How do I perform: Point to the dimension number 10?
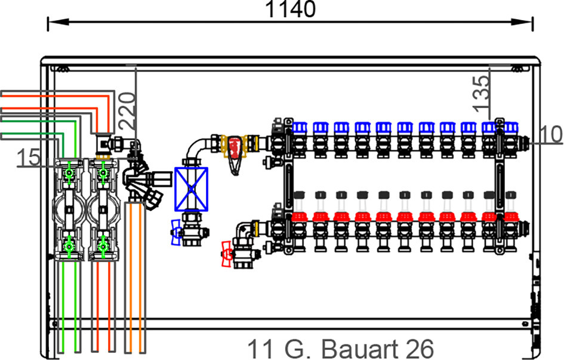[548, 135]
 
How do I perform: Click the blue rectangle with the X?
[191, 187]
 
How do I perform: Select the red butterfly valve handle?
[226, 253]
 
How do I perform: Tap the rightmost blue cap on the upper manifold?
[511, 127]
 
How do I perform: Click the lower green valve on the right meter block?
[103, 245]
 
